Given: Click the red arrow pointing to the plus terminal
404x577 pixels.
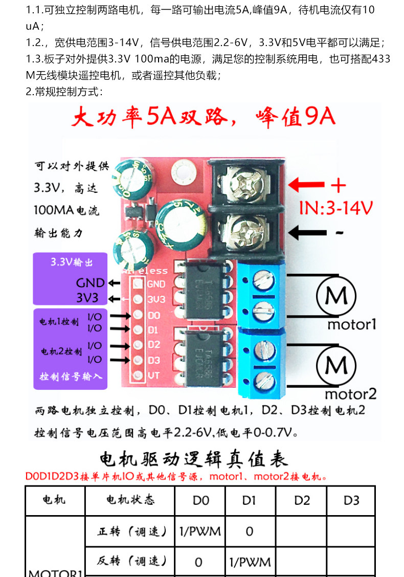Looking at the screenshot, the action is (306, 185).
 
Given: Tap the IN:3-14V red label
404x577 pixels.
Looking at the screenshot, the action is (335, 208).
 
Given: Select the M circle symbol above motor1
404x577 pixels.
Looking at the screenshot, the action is (336, 296).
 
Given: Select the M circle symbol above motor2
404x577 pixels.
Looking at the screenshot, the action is (336, 365).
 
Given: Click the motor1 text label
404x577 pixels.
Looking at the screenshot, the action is (351, 324).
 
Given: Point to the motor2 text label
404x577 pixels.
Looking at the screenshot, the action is (351, 394).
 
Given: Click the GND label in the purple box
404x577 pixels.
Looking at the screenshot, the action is (90, 283).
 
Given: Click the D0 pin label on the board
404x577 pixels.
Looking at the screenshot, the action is (154, 316).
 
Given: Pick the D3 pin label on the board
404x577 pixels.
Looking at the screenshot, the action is (154, 360).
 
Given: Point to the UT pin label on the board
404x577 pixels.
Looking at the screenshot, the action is (154, 375).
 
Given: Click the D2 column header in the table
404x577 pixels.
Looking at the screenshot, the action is (302, 500).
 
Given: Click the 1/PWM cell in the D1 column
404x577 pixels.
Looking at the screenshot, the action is (250, 562).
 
